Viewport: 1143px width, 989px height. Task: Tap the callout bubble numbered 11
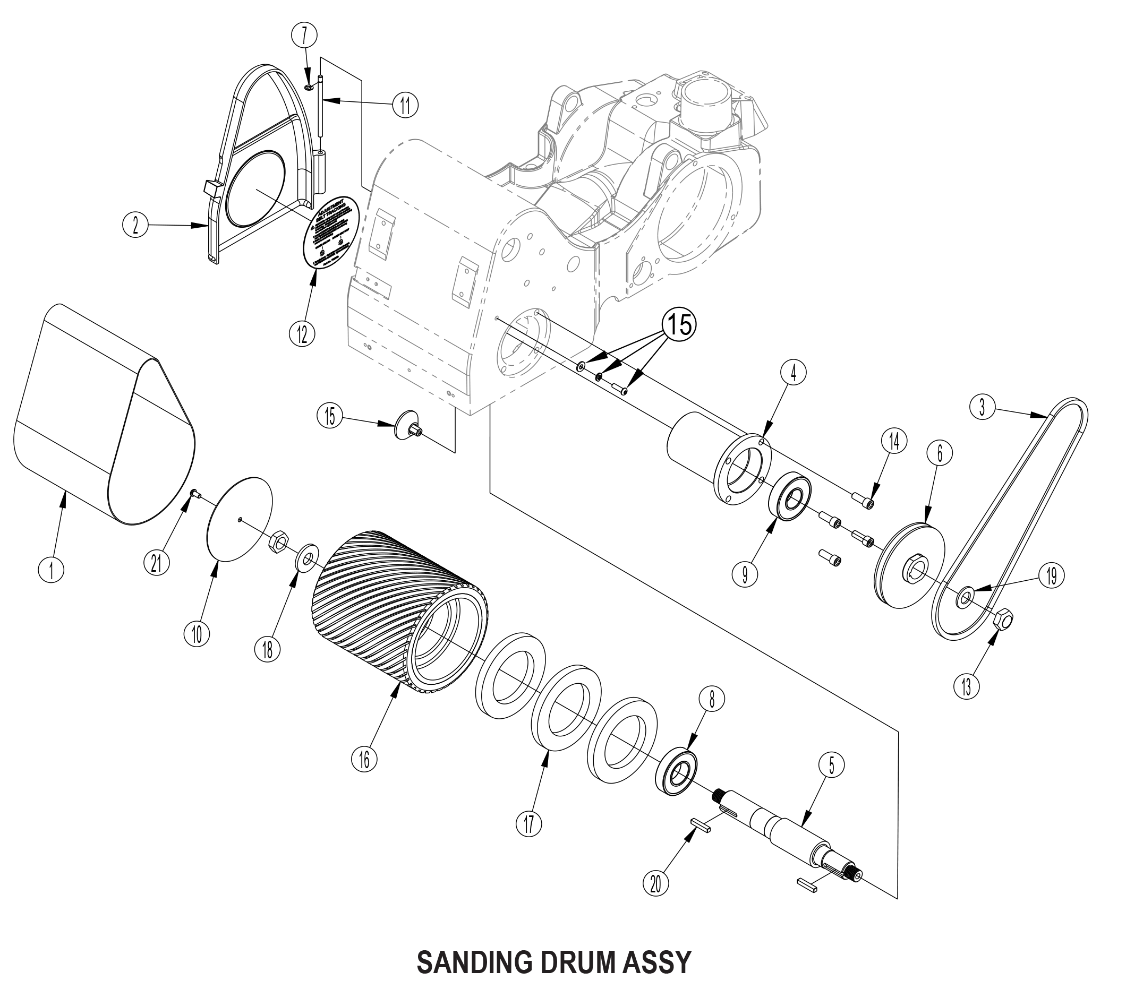[405, 104]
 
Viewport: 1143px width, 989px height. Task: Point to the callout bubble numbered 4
[794, 374]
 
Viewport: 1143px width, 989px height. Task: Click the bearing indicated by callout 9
[790, 498]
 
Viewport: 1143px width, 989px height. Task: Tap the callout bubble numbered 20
[655, 883]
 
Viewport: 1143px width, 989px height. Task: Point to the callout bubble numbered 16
[364, 760]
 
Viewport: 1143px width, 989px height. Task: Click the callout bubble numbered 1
[52, 570]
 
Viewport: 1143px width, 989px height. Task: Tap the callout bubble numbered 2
[135, 225]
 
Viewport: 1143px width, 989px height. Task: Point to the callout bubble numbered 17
[528, 824]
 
